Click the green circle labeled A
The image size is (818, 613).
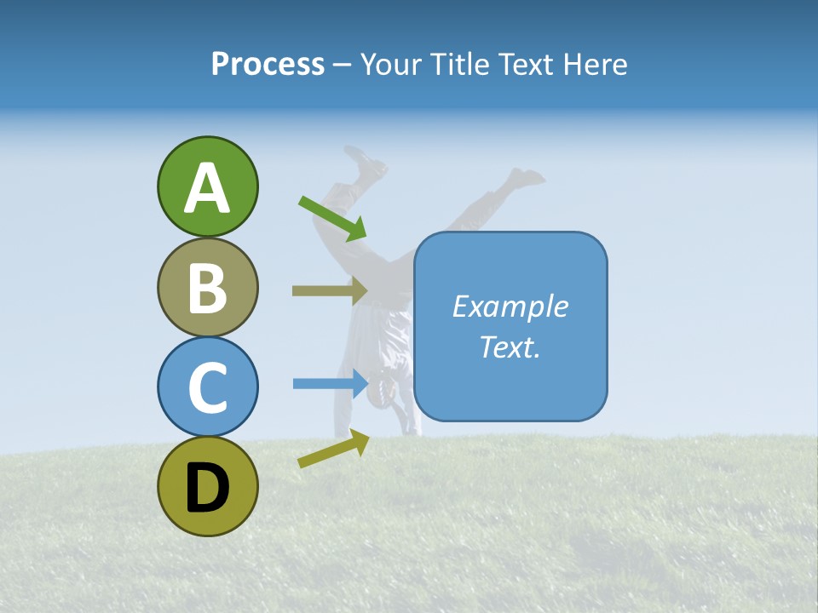click(207, 186)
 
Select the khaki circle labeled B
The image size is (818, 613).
click(207, 287)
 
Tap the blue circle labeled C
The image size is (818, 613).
click(207, 387)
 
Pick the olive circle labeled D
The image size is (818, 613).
click(207, 486)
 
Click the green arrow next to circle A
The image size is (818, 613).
click(332, 217)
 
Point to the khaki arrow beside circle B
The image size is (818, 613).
click(329, 290)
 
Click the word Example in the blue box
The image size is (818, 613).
click(510, 306)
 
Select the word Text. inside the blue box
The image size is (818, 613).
click(510, 347)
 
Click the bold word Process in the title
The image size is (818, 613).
click(268, 64)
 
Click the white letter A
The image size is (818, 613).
click(207, 189)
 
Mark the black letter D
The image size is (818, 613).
click(207, 488)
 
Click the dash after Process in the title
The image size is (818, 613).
click(343, 66)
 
